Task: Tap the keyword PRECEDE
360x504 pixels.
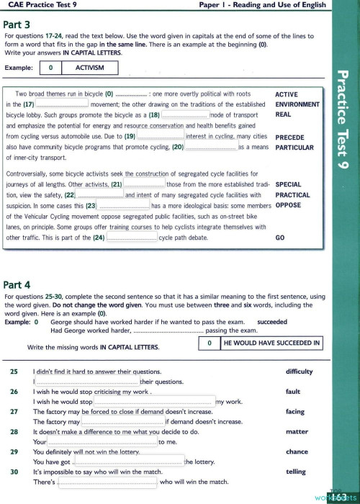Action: [290, 137]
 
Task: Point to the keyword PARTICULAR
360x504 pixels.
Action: [294, 147]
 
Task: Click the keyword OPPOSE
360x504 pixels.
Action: [289, 205]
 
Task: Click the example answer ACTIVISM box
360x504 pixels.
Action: [90, 68]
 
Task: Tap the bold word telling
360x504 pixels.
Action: [296, 472]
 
